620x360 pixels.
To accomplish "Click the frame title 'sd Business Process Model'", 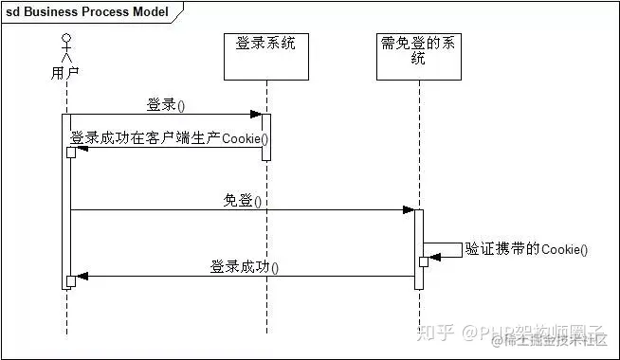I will pos(87,12).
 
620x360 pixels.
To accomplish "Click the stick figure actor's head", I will pos(66,39).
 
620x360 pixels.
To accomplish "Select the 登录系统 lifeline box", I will pos(266,56).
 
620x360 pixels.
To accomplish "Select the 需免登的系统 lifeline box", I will pos(418,56).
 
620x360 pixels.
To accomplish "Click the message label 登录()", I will pos(166,103).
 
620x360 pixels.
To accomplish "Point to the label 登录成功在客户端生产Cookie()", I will pos(169,138).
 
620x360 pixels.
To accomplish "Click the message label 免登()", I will pos(243,200).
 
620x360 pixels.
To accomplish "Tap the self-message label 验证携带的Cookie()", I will pos(526,249).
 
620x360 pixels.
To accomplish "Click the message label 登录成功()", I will pos(245,267).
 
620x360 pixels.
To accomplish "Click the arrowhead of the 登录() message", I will pos(256,115).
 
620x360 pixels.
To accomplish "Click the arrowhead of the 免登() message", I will pos(408,210).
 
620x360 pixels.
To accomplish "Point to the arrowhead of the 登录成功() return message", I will pos(82,277).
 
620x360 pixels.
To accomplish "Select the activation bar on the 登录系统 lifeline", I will pos(266,136).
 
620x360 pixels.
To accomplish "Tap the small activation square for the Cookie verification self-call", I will pos(424,261).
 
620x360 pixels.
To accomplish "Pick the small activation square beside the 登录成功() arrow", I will pos(71,280).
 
